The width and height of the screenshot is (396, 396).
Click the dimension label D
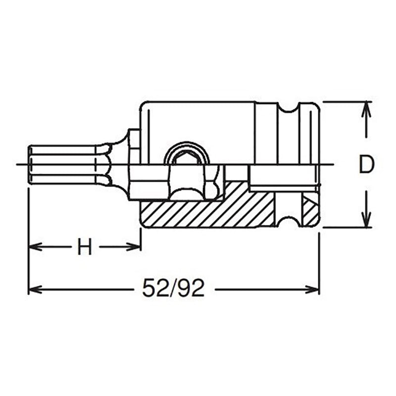tap(366, 165)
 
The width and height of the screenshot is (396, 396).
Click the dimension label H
tap(85, 247)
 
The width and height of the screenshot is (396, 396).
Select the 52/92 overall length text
tap(173, 289)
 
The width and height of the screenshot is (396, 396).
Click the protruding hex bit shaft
tap(64, 164)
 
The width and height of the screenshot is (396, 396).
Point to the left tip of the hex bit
tap(29, 164)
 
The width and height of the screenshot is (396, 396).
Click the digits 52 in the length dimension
tap(153, 289)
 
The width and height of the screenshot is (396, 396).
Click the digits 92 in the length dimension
tap(193, 289)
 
